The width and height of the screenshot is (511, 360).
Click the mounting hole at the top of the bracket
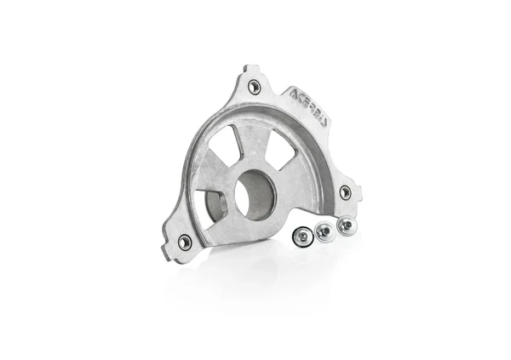[x=254, y=86]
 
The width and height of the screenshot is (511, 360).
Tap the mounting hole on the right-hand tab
[x=345, y=192]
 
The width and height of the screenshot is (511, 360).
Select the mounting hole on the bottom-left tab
[x=184, y=243]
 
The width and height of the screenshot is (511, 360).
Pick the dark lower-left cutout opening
[x=212, y=205]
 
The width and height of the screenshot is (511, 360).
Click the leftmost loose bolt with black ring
[x=302, y=237]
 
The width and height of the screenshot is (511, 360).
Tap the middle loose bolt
[x=324, y=231]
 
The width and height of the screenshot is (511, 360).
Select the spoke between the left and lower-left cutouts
[x=206, y=180]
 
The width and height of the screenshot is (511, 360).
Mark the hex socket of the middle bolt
[x=324, y=230]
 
